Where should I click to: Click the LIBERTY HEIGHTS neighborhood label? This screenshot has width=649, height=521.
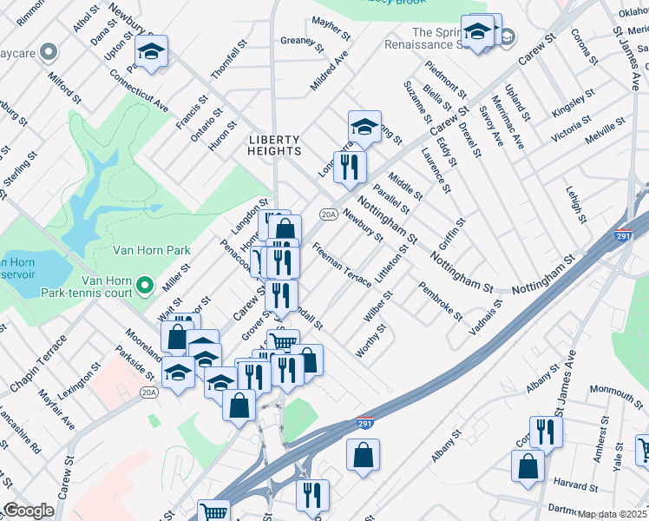(x=274, y=146)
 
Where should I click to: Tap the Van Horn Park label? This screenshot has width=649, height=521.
(x=152, y=250)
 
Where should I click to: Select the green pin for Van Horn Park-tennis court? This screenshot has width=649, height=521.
(x=145, y=285)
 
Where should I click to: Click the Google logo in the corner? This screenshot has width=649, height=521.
(x=29, y=511)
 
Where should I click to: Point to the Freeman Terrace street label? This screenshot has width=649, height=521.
(x=342, y=260)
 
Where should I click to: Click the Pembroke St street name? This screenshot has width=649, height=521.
(x=440, y=300)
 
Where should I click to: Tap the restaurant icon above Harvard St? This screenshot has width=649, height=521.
(x=545, y=431)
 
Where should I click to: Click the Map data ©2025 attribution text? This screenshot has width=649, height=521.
(x=613, y=514)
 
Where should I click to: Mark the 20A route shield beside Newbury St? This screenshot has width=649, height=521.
(x=328, y=214)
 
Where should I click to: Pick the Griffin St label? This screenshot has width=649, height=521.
(x=453, y=233)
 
